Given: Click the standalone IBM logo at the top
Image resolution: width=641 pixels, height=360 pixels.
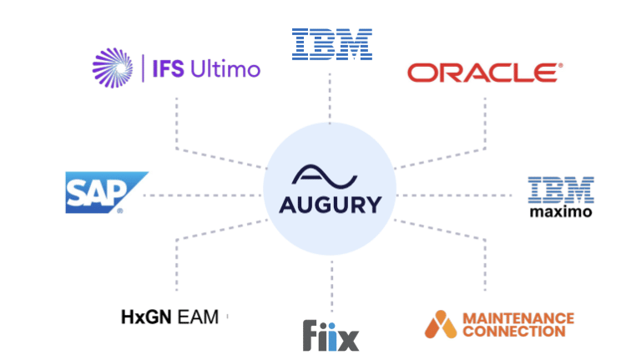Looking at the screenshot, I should pyautogui.click(x=331, y=43).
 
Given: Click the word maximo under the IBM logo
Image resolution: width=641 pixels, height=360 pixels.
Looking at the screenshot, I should pyautogui.click(x=561, y=212).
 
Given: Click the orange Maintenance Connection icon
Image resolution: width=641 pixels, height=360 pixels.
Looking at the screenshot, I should pyautogui.click(x=440, y=324).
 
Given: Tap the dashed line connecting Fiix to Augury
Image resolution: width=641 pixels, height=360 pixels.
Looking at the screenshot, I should pyautogui.click(x=331, y=284).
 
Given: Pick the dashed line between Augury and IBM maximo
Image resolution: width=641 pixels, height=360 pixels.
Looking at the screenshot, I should pyautogui.click(x=455, y=195).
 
